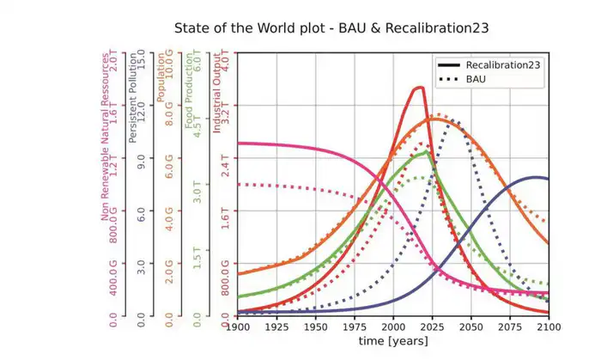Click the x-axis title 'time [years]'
tap(393, 342)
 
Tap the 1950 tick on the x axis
tap(315, 327)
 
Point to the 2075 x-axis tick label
tap(510, 327)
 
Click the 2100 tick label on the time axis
tap(548, 327)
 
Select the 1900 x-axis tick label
tap(238, 327)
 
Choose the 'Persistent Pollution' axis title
tap(132, 99)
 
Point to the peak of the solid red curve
tap(419, 87)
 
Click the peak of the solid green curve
tap(426, 152)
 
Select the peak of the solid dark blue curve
tap(537, 177)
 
